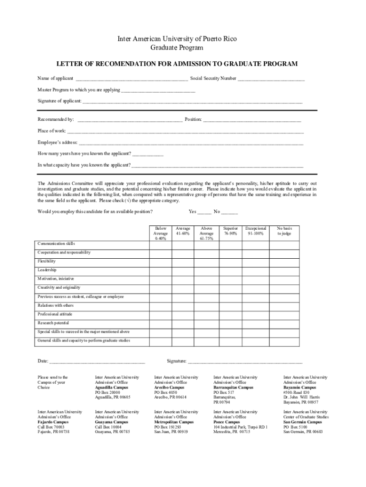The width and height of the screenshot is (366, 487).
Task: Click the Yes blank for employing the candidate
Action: pyautogui.click(x=204, y=213)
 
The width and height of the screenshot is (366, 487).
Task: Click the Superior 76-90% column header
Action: pyautogui.click(x=231, y=231)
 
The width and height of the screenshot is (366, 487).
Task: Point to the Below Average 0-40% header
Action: pyautogui.click(x=160, y=234)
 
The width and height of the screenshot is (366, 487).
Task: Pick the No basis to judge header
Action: pyautogui.click(x=284, y=231)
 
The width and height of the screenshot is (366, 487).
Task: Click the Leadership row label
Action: pyautogui.click(x=47, y=270)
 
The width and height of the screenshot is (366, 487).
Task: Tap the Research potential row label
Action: pyautogui.click(x=53, y=323)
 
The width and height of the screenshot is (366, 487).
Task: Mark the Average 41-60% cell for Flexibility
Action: pyautogui.click(x=183, y=261)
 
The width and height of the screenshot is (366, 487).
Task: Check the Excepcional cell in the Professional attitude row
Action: pyautogui.click(x=256, y=314)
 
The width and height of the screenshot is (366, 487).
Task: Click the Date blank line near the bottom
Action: pyautogui.click(x=97, y=362)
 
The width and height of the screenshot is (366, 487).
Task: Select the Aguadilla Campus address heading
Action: pyautogui.click(x=111, y=388)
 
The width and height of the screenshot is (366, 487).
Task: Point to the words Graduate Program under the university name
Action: pyautogui.click(x=177, y=48)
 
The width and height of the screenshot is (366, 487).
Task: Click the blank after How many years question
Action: pyautogui.click(x=148, y=155)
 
